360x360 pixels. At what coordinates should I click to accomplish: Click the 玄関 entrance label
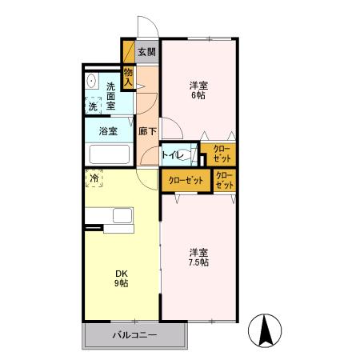(146, 52)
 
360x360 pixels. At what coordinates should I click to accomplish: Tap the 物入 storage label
(128, 77)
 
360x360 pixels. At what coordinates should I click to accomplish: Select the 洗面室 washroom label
(110, 96)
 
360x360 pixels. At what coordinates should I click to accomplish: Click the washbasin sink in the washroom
(91, 81)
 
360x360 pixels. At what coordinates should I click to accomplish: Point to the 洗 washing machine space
(93, 106)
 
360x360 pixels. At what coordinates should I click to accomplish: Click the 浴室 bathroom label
(108, 131)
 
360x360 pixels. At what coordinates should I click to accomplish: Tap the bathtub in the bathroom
(110, 154)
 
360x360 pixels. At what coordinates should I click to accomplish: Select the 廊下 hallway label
(147, 131)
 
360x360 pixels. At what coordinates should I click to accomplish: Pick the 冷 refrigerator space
(94, 178)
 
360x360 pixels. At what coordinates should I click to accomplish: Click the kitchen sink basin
(122, 215)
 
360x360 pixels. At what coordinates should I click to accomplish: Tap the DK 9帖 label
(122, 278)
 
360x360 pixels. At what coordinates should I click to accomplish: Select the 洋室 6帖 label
(198, 90)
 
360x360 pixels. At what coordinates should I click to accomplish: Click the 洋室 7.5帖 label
(198, 257)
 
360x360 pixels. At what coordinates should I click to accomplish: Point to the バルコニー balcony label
(134, 335)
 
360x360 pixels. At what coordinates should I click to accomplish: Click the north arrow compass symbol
(265, 330)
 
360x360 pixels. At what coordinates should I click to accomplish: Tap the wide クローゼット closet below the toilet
(186, 181)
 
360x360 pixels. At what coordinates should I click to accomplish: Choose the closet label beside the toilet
(222, 154)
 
